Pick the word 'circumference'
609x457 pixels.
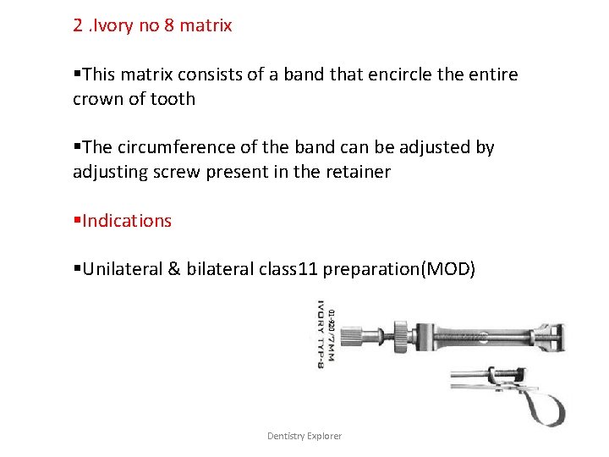168,147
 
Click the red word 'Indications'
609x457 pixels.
126,221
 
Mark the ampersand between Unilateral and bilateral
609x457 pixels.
173,270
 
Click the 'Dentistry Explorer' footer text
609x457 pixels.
304,436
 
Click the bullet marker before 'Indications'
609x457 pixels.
76,221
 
